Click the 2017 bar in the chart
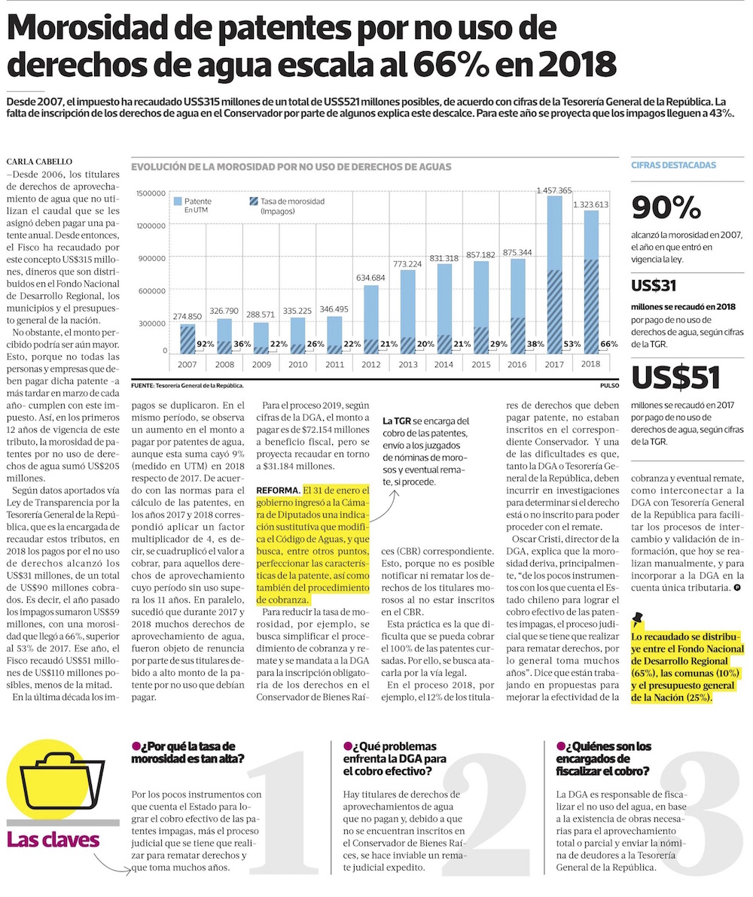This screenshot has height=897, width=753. coord(554,275)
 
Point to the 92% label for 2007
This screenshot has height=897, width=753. coord(206,345)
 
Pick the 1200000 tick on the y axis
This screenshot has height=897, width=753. coord(151,226)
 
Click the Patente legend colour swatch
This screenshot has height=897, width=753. coord(178,202)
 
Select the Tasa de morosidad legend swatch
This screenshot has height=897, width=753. coord(253,202)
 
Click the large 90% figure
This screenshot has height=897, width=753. coord(666,208)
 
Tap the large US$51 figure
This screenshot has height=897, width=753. coord(675,379)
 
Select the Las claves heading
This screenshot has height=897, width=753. coord(53,839)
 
